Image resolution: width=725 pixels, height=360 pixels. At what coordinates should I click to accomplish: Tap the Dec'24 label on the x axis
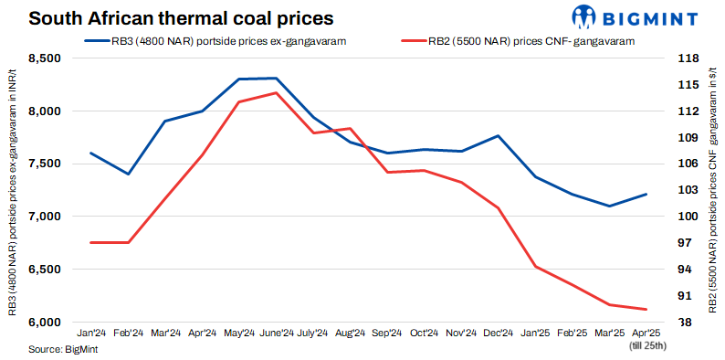(x=499, y=334)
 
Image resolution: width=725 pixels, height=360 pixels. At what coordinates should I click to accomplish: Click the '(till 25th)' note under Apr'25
(x=647, y=345)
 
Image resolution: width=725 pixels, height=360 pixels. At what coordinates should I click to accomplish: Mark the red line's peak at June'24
(x=276, y=93)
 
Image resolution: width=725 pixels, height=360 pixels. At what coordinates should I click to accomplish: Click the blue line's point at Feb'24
(x=128, y=174)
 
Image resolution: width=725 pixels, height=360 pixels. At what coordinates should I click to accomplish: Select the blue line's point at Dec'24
(x=499, y=135)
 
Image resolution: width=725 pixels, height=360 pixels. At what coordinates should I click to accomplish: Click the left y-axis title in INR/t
(x=12, y=190)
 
